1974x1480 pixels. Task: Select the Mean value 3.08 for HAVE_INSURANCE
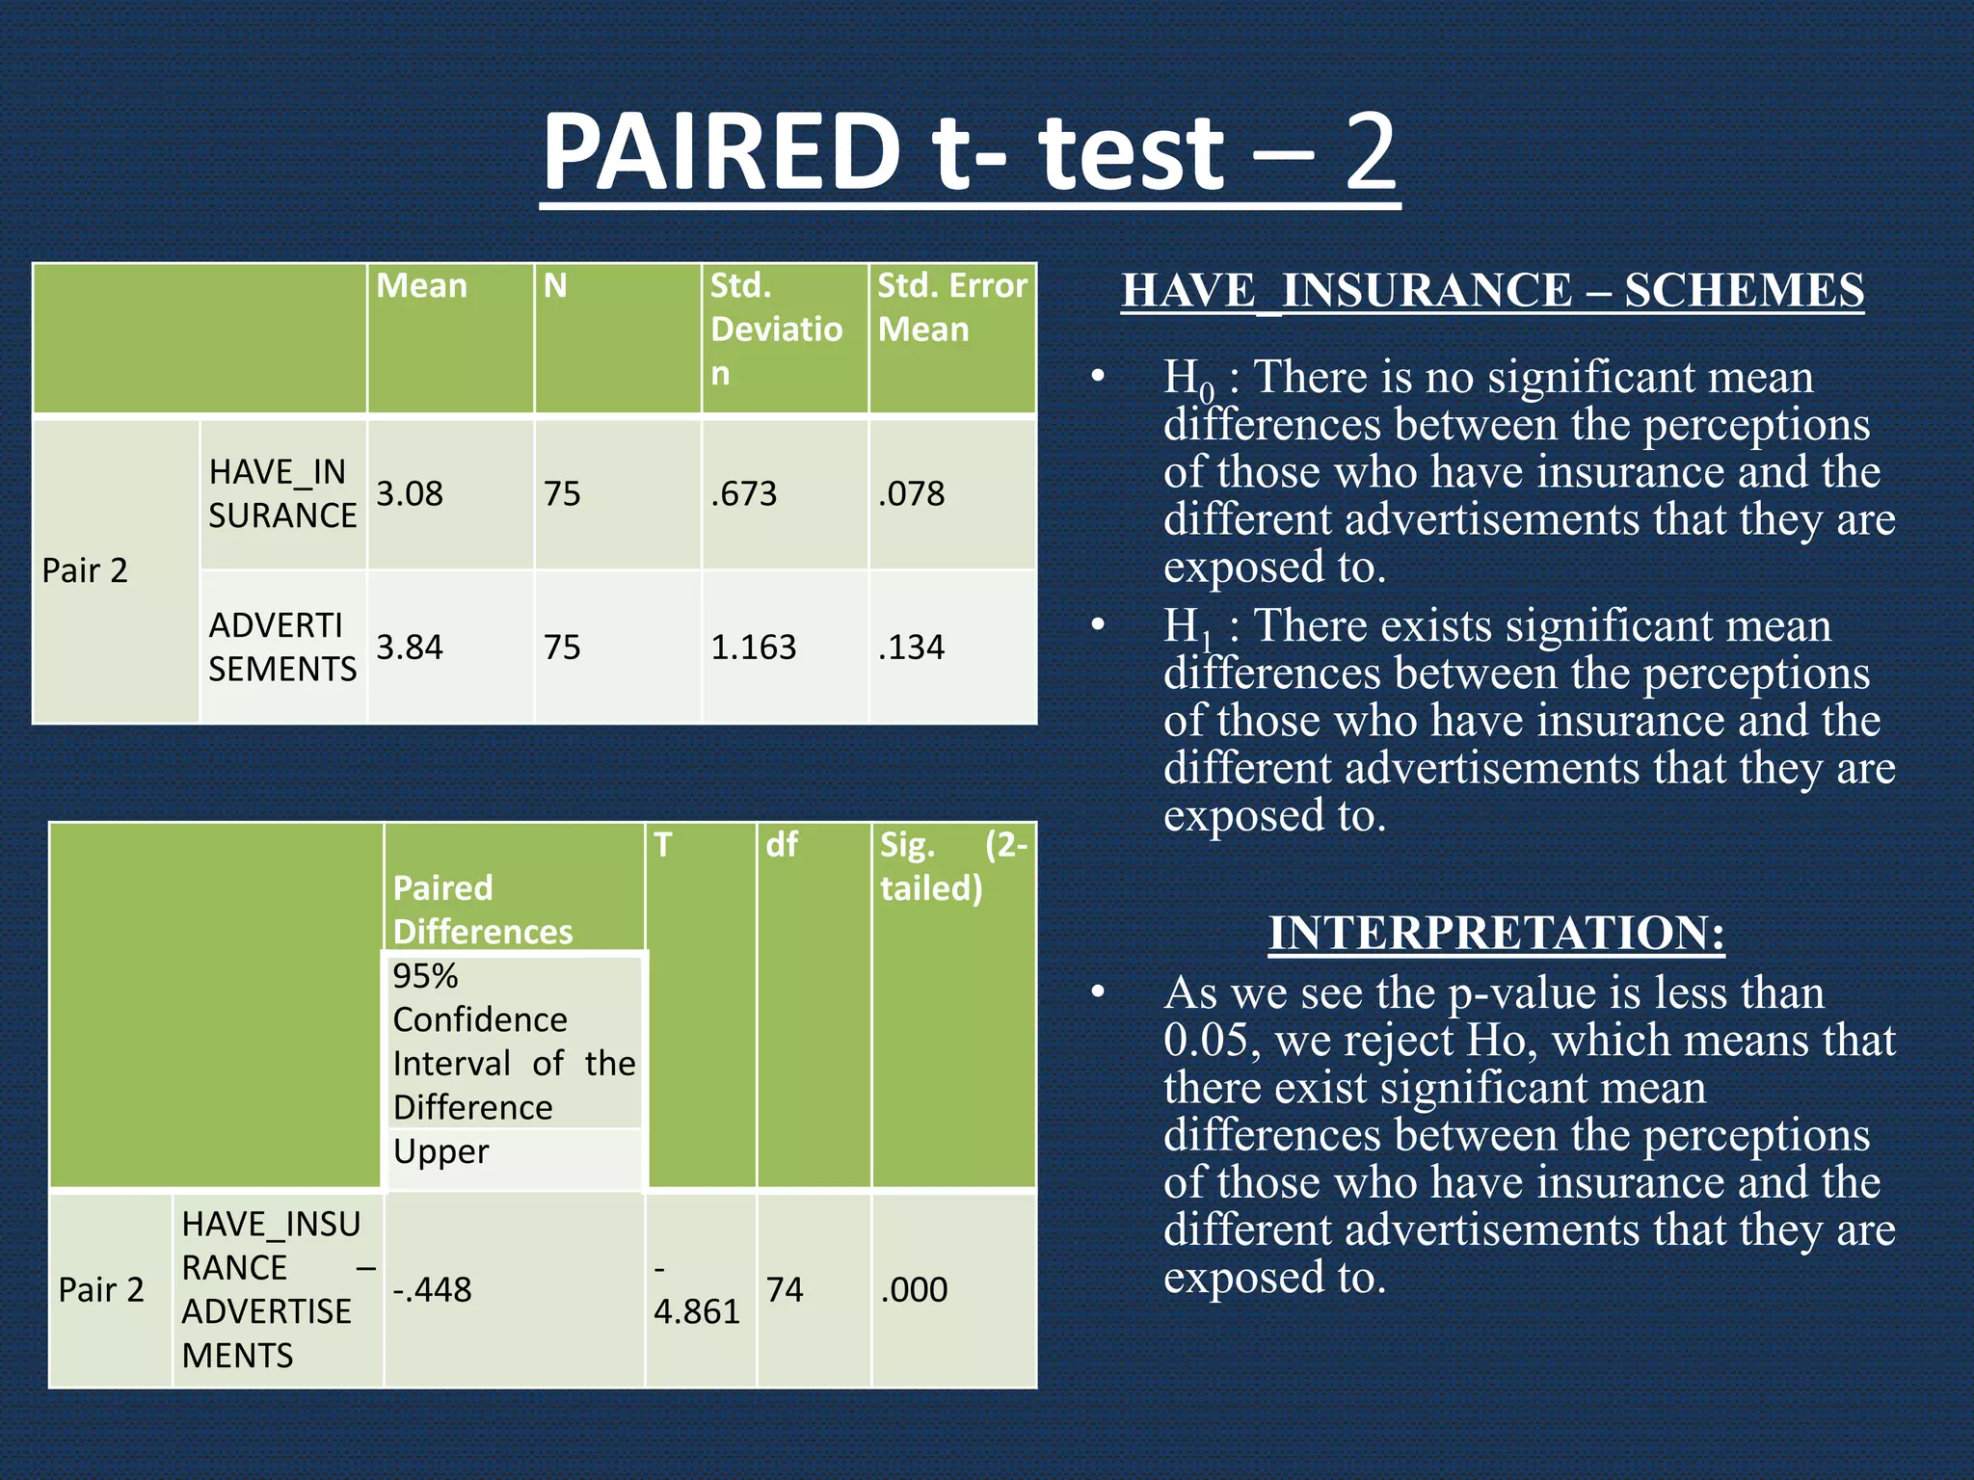click(410, 494)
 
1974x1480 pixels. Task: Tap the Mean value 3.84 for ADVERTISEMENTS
click(410, 647)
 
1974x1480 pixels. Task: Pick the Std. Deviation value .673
click(743, 494)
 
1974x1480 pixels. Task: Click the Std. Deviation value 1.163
click(753, 647)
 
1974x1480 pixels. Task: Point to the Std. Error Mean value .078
click(911, 494)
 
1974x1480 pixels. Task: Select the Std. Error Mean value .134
click(911, 647)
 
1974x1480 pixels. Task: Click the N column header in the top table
click(555, 286)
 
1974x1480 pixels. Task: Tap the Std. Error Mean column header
click(951, 307)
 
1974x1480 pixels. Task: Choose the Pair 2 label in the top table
click(85, 570)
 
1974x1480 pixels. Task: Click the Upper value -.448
click(432, 1289)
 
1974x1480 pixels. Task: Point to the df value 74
click(785, 1289)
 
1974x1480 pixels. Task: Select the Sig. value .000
click(914, 1289)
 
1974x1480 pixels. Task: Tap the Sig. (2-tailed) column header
click(952, 866)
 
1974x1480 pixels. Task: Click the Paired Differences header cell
click(483, 910)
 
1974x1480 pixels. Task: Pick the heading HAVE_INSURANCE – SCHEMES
click(1492, 290)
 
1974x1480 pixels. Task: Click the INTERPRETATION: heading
click(1496, 933)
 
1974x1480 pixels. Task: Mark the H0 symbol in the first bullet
click(1187, 379)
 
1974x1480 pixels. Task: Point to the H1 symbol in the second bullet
click(1187, 627)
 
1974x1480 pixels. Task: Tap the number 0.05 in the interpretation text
click(1211, 1041)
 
